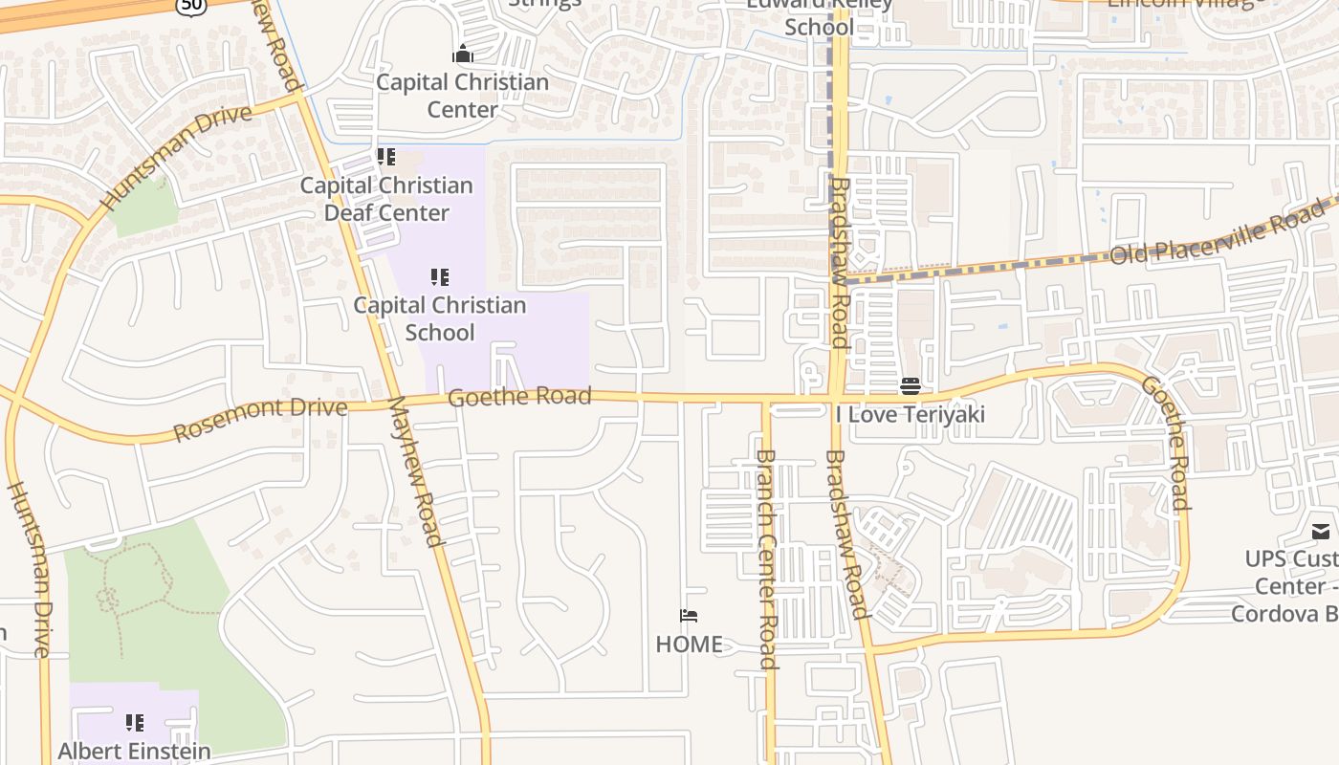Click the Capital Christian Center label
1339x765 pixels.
462,96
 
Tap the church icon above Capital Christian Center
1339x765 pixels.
463,54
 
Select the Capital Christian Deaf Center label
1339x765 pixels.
386,199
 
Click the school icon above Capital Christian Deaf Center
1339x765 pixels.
386,157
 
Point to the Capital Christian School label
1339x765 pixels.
440,318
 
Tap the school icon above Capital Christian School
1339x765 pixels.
440,277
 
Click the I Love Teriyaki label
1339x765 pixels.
910,414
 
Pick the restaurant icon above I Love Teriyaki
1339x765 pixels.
910,386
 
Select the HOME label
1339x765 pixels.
689,645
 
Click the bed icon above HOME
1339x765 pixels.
689,616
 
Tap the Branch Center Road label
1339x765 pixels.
766,559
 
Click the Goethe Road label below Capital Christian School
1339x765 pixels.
519,397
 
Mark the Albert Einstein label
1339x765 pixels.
134,751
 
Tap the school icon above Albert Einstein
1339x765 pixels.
135,722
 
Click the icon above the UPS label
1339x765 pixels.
1321,532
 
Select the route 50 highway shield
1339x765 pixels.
189,6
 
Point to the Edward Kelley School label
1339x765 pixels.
819,15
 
